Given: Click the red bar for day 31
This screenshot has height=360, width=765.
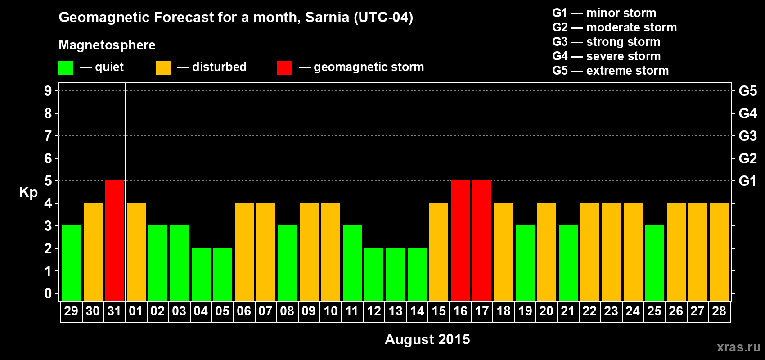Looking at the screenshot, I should point(115,240).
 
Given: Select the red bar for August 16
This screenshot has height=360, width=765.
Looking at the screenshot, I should point(460,240).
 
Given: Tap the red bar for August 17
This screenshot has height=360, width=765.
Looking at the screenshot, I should point(482,240).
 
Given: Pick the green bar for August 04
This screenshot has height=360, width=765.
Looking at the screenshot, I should point(201,274).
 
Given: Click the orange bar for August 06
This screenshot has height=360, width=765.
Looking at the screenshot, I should point(244,252).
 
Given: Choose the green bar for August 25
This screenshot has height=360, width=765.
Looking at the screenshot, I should point(655,263).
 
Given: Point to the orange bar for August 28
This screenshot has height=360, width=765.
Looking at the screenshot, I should point(720,252).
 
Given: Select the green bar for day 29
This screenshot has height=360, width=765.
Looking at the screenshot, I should point(72,263).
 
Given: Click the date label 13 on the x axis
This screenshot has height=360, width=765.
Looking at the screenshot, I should point(396,311).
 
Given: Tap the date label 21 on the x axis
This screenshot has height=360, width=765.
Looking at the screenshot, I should point(568,311).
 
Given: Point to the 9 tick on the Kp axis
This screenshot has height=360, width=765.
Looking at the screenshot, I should point(48,91).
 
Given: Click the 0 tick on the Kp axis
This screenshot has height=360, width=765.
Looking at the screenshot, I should point(48,293).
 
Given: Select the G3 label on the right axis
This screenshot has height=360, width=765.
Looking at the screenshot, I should point(747,136).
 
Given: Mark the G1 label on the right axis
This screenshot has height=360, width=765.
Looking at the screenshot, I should point(747,181).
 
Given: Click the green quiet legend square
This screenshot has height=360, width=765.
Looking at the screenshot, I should point(66,68).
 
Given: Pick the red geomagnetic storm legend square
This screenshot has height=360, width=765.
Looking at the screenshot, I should point(284,68).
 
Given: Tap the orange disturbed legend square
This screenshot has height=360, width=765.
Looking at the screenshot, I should point(163,68).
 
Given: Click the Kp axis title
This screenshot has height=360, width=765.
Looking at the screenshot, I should point(28,193).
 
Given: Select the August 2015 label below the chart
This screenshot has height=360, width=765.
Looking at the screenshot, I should point(427,339).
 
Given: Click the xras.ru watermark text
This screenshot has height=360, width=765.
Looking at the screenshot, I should point(738,347).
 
